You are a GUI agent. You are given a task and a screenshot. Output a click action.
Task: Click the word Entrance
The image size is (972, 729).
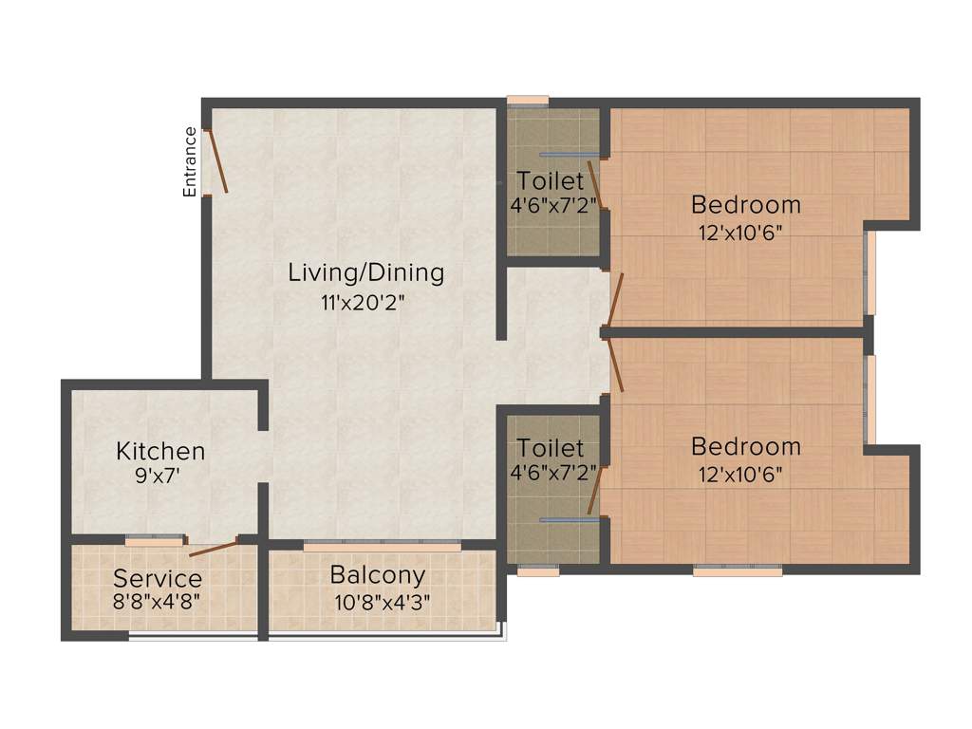point(190,161)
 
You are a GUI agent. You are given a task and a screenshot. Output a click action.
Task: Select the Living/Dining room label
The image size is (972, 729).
point(366,273)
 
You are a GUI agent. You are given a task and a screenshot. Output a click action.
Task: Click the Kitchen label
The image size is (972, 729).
point(160,450)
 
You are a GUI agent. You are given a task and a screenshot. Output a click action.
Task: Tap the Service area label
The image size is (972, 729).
point(158,578)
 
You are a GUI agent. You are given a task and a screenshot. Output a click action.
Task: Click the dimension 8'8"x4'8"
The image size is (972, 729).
point(158,601)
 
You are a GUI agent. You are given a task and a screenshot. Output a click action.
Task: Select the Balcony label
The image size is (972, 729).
point(378,574)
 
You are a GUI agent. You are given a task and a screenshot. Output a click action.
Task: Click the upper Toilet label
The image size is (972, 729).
point(551,180)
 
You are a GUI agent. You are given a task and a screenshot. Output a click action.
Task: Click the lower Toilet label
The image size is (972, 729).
point(551,447)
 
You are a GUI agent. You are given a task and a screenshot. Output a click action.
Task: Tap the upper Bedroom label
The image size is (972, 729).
point(746,204)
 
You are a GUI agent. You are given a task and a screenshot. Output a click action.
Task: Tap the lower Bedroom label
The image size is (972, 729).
point(746,446)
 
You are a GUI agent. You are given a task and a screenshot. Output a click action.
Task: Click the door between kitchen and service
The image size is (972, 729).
point(213,547)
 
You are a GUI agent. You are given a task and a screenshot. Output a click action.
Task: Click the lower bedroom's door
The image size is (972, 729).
point(616,365)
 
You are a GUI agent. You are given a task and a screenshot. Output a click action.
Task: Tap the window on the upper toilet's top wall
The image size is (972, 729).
point(528,100)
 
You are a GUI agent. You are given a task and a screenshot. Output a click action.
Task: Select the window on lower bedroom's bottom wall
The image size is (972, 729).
point(738,570)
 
